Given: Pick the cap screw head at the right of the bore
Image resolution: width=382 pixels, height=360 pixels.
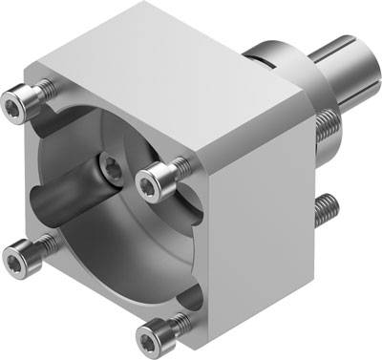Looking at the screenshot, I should (x=155, y=177).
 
